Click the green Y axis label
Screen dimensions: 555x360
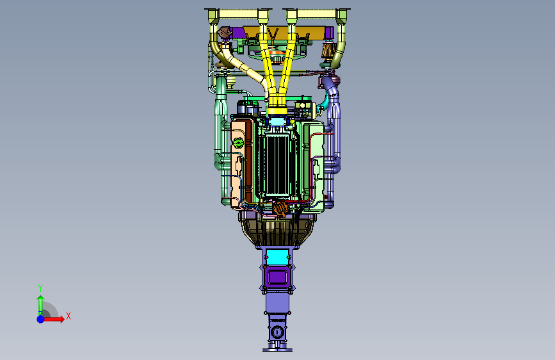pos(40,288)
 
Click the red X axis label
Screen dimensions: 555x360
pos(68,316)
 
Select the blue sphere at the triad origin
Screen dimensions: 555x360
pos(41,319)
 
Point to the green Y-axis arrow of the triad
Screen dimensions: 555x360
pos(41,305)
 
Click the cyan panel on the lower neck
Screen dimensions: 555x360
pos(277,258)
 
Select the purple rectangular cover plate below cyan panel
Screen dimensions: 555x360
pos(278,277)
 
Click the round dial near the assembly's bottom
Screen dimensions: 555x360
pos(277,332)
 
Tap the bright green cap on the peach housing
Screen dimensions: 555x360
pos(238,143)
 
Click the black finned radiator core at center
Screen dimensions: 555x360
pos(278,164)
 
